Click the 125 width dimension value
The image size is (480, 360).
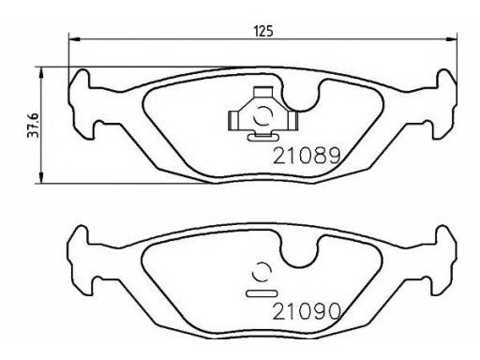pyautogui.click(x=263, y=31)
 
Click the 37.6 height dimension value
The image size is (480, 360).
pyautogui.click(x=33, y=125)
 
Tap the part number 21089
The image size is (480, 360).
pyautogui.click(x=307, y=156)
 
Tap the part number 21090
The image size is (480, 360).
pyautogui.click(x=307, y=311)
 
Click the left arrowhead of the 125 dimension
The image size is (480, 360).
pyautogui.click(x=74, y=39)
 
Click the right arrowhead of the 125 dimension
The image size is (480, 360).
pyautogui.click(x=451, y=39)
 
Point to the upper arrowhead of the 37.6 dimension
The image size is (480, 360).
pyautogui.click(x=40, y=73)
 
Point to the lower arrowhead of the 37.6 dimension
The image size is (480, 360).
pyautogui.click(x=40, y=177)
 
